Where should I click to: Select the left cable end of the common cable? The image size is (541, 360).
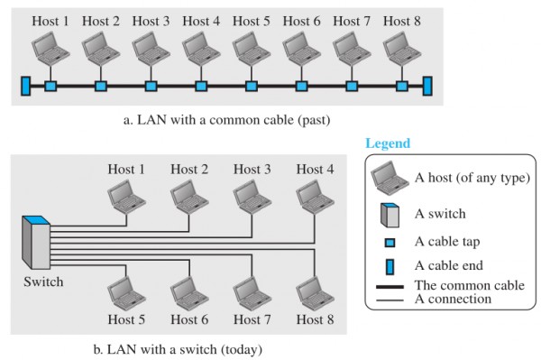tap(26, 86)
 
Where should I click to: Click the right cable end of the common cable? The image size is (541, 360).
tap(427, 86)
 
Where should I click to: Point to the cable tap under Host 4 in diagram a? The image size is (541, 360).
tap(200, 87)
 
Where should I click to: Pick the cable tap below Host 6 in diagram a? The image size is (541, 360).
tap(300, 87)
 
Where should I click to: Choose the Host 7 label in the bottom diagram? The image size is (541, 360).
tap(252, 319)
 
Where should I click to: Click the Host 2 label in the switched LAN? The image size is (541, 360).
tap(189, 169)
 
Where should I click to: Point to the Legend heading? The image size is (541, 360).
tap(388, 143)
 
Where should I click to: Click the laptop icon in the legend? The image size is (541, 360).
tap(390, 176)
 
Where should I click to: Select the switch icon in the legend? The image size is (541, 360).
tap(390, 215)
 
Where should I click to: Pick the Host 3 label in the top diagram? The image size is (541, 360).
tap(150, 19)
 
